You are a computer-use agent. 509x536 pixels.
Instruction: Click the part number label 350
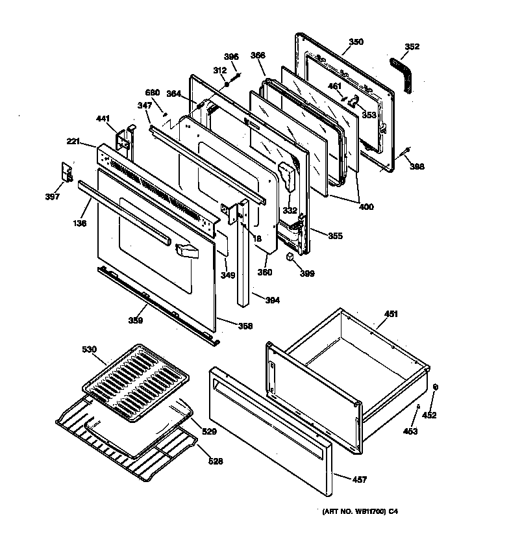[x=356, y=42]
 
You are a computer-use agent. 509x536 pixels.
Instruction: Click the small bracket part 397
[x=66, y=173]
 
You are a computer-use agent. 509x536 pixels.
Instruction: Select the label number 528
[x=215, y=461]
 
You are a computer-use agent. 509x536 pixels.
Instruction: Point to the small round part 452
[x=435, y=388]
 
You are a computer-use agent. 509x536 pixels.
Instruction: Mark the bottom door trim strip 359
[x=156, y=301]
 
